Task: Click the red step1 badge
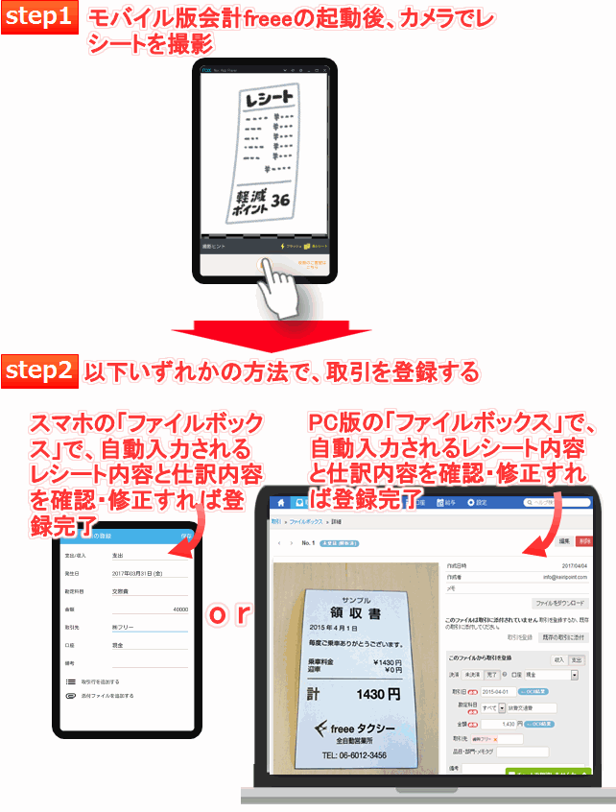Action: [x=40, y=18]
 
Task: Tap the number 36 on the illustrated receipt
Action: [x=280, y=202]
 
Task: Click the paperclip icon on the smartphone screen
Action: [x=70, y=695]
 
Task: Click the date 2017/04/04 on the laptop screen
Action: [x=573, y=566]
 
